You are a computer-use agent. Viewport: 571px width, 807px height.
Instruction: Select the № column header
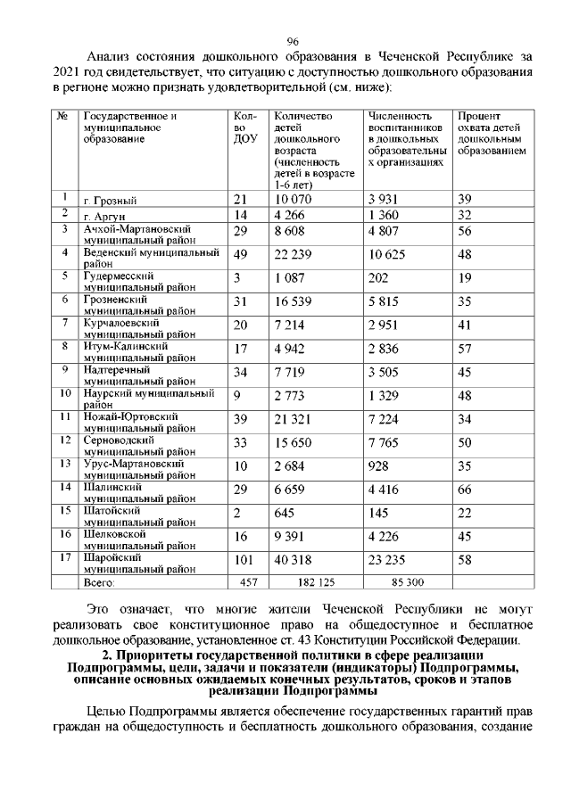63,117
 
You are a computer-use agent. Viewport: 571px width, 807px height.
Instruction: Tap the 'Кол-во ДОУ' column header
244,128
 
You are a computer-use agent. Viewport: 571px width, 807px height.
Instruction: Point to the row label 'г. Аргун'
103,217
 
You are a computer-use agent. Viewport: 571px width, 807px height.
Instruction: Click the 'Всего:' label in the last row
99,583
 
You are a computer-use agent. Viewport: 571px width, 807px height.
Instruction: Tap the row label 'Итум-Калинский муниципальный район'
137,351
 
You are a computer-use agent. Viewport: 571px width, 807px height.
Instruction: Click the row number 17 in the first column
64,557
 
